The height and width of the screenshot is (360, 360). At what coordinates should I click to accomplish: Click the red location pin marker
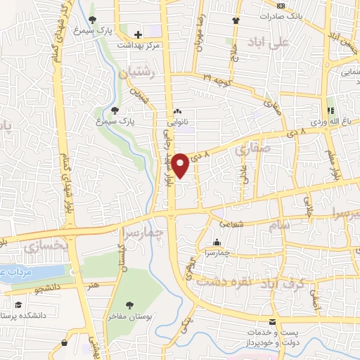[x=181, y=165]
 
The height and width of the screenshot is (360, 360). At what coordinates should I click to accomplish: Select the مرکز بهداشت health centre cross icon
[x=139, y=34]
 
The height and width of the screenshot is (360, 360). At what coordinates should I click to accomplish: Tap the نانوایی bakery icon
[x=178, y=111]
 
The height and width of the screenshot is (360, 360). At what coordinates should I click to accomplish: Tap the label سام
[x=278, y=225]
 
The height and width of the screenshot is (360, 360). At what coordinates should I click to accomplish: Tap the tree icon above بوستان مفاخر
[x=129, y=305]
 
